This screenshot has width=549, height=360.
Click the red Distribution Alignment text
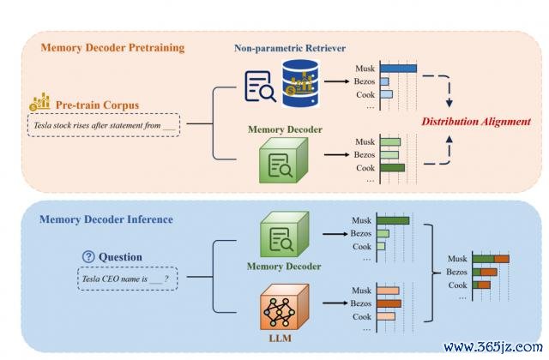[475, 122]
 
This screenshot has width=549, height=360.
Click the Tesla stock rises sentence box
[104, 127]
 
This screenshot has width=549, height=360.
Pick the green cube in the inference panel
[280, 235]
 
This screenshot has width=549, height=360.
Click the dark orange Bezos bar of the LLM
[388, 303]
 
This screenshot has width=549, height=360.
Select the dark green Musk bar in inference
[394, 220]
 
